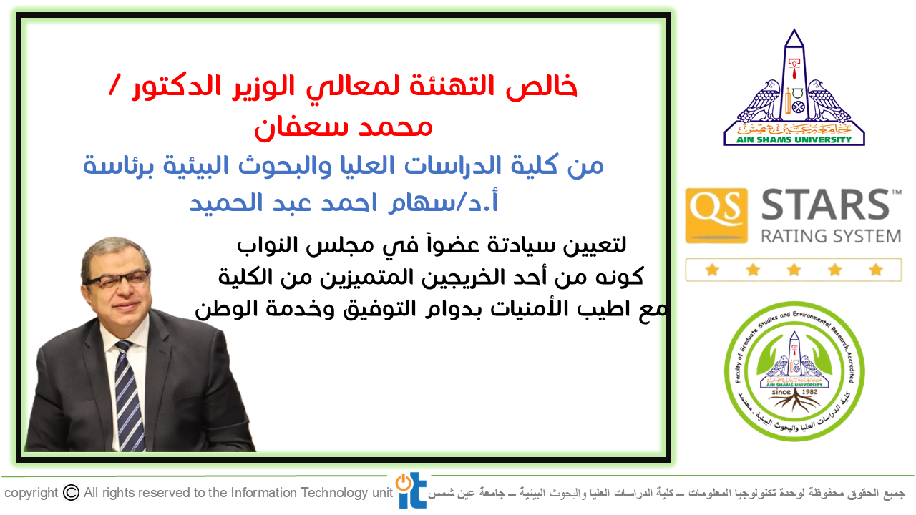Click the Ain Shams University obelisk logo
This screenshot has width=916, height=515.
(x=794, y=87)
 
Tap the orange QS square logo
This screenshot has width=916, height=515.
(x=716, y=216)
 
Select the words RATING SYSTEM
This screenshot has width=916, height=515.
(x=831, y=236)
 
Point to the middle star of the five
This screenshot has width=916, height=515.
(x=794, y=270)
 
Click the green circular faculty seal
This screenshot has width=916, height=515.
(x=794, y=371)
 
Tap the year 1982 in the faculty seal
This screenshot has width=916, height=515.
(x=809, y=392)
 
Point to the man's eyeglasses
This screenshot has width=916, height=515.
(x=116, y=280)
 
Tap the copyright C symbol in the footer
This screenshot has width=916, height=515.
(x=71, y=493)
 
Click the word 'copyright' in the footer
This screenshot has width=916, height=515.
(x=31, y=494)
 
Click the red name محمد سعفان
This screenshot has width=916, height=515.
(x=343, y=127)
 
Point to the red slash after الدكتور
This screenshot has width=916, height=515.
(x=114, y=85)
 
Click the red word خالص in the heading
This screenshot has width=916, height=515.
(x=542, y=87)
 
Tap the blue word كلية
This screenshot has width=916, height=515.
(x=535, y=165)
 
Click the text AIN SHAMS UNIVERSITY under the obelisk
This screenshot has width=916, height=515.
(x=794, y=139)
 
